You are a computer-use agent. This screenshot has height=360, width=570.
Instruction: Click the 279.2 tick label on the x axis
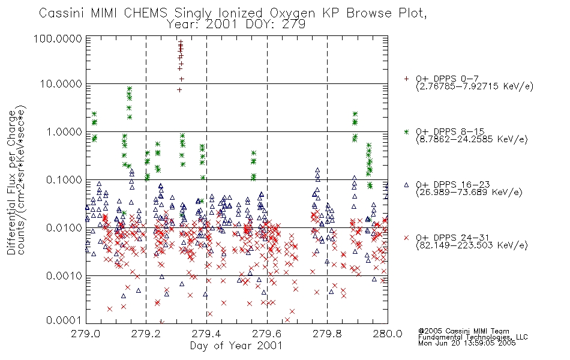click(x=146, y=334)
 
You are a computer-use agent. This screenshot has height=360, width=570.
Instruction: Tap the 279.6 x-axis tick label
click(x=267, y=334)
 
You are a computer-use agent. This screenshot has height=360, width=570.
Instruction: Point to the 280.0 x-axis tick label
click(x=388, y=334)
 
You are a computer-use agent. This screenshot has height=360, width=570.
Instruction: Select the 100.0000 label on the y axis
click(x=58, y=38)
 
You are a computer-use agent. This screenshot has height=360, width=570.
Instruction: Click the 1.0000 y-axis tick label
click(x=64, y=131)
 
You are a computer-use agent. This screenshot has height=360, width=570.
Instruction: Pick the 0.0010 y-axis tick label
click(x=64, y=275)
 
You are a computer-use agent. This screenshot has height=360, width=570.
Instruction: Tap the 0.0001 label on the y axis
click(x=64, y=320)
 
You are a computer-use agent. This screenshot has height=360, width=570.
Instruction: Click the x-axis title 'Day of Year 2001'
click(x=236, y=346)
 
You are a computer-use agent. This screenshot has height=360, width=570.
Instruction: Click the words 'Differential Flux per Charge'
click(x=11, y=182)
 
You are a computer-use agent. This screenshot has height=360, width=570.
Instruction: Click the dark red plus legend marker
click(x=406, y=79)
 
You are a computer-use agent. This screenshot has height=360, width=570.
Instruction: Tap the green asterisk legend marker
click(x=406, y=131)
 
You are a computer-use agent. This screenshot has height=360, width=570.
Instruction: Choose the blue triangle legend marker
click(x=406, y=185)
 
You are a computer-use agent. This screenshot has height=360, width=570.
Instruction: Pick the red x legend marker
click(x=406, y=238)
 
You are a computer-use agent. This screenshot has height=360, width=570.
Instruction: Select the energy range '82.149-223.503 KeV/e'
click(x=472, y=245)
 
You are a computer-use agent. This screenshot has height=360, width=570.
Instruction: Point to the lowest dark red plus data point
click(x=179, y=90)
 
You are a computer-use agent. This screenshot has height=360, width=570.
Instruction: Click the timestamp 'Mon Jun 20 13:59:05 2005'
click(x=467, y=343)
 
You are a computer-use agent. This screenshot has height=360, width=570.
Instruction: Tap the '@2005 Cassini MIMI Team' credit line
click(x=463, y=331)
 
